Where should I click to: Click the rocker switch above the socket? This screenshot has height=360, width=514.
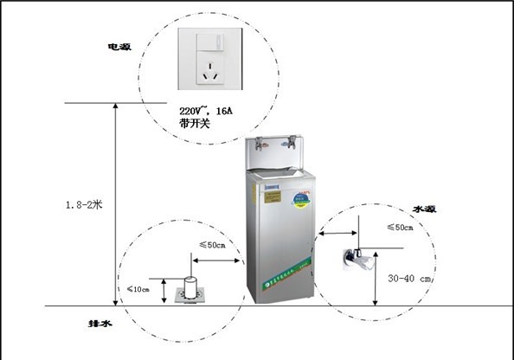click(208, 42)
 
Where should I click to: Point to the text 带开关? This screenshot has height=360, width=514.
click(195, 125)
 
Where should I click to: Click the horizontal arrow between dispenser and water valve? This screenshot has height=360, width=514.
click(338, 232)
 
